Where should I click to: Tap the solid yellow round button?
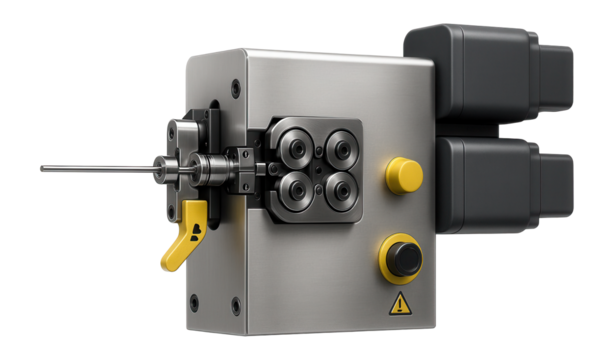(404, 175)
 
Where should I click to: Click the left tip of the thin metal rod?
(42, 169)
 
